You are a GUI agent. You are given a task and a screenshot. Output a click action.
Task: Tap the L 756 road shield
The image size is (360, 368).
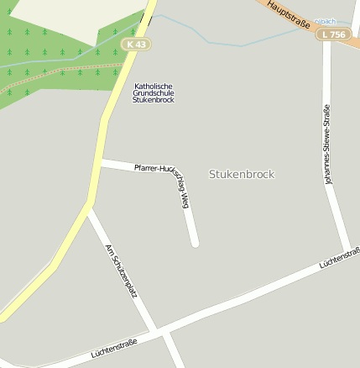334,34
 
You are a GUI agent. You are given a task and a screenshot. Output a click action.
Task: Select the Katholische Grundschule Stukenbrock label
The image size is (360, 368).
153,92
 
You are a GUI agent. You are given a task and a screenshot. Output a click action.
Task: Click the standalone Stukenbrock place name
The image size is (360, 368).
241,174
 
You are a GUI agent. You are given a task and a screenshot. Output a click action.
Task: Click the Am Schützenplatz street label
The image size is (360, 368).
121,271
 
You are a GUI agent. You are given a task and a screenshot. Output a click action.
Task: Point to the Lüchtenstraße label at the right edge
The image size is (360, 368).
339,258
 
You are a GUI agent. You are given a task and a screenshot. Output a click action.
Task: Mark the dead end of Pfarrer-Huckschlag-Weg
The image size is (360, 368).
195,243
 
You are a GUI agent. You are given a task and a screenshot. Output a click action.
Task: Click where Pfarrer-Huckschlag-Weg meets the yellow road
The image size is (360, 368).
100,163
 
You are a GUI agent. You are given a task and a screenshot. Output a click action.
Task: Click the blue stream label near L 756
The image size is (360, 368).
324,21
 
